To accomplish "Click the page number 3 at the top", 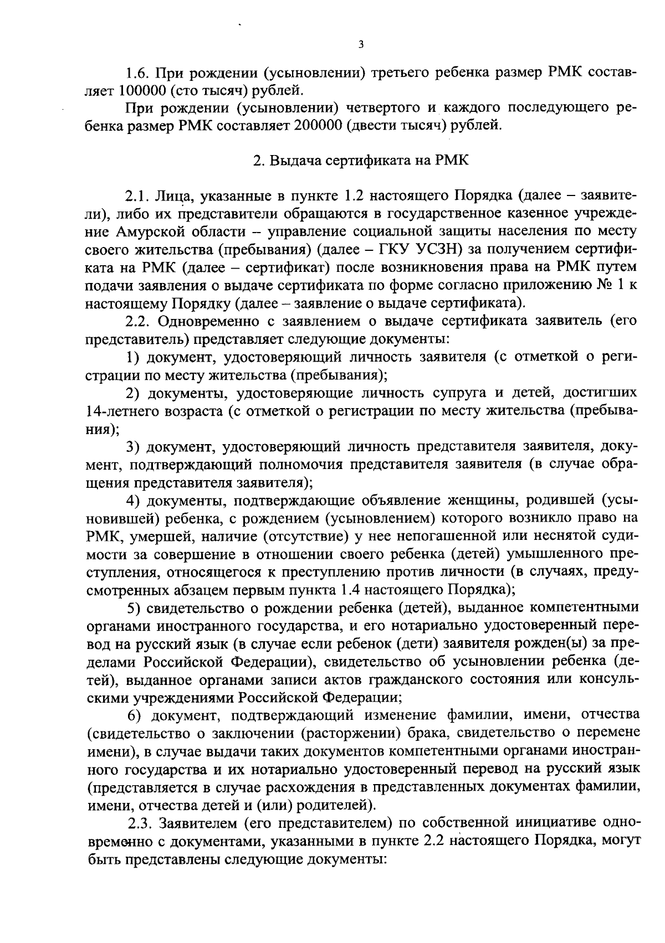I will [361, 45].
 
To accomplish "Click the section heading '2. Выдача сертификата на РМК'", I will [361, 161].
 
